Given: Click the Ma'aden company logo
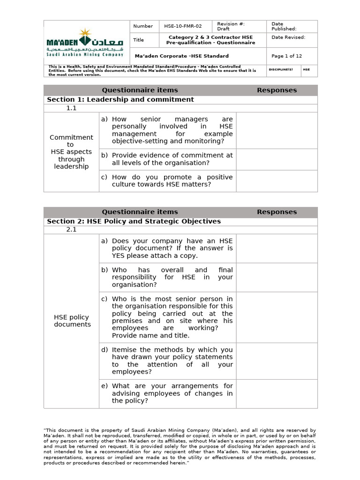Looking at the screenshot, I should point(86,43).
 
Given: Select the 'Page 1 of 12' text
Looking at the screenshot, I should point(286,56).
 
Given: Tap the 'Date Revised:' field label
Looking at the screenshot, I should point(288,37).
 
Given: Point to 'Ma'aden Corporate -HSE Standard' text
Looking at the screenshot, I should point(181,56).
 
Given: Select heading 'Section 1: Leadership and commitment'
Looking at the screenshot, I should point(120,99).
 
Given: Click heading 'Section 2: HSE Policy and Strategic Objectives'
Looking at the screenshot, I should point(134,221).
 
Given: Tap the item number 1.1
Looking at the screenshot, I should point(71,108).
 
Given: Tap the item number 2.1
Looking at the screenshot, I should point(71,230).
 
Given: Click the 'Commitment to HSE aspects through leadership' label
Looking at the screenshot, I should point(71,152).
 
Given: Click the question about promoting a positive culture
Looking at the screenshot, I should point(172,180).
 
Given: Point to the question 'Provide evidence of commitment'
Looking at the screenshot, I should point(172,159).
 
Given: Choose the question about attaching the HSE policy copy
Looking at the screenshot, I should point(172,248).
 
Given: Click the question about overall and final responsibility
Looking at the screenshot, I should point(172,277).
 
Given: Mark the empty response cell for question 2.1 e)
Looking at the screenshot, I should point(277,393).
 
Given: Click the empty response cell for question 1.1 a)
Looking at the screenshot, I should point(277,130).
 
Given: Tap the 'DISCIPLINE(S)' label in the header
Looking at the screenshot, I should point(280,69).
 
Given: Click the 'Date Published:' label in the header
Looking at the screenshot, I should point(284,26).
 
